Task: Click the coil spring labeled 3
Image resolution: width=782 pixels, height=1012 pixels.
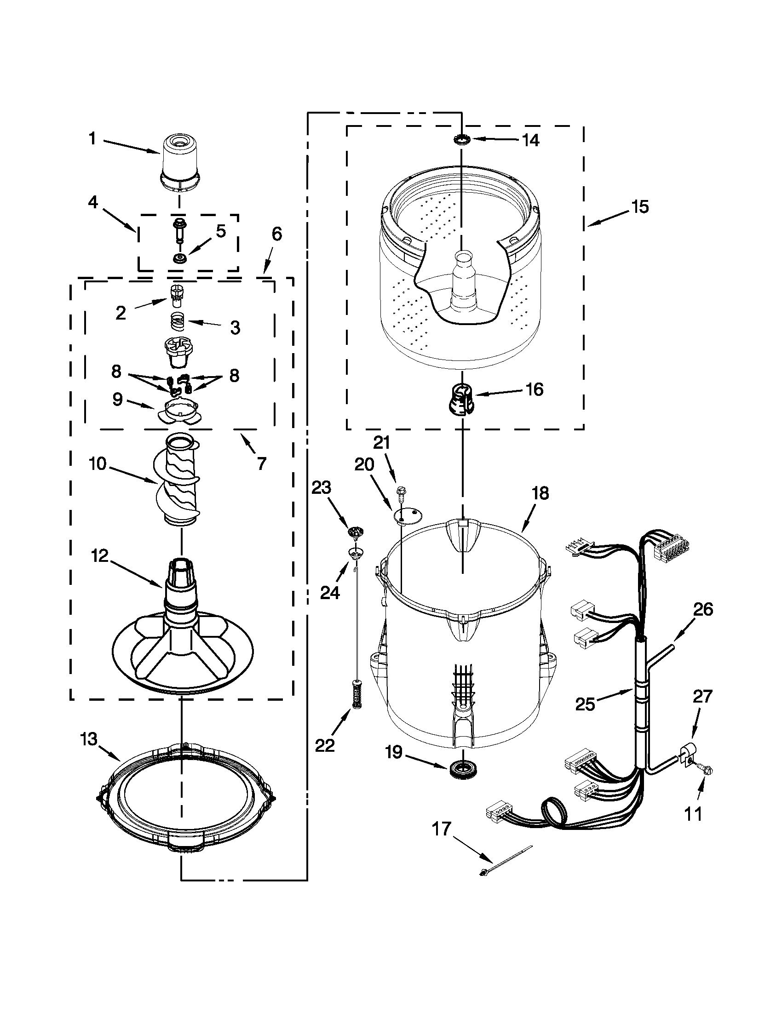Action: [x=177, y=320]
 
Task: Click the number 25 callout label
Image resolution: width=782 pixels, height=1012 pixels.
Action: [x=585, y=704]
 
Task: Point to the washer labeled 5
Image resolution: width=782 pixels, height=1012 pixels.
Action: [x=178, y=258]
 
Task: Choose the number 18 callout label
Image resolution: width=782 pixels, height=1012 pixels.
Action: [x=540, y=493]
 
